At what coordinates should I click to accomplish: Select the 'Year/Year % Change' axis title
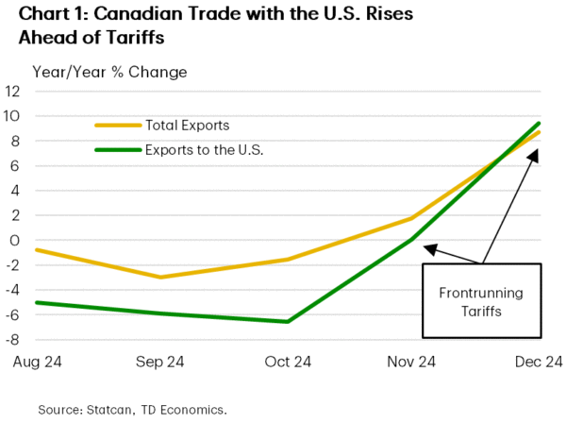click(109, 72)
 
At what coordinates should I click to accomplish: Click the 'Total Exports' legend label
click(187, 125)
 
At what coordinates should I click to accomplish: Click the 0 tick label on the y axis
click(16, 240)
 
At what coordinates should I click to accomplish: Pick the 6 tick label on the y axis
click(16, 165)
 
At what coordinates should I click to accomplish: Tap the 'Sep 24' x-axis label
click(159, 362)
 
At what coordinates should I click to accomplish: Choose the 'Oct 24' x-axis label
click(288, 362)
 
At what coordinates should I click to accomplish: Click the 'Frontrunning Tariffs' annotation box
click(482, 301)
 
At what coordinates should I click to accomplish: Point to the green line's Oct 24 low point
click(288, 322)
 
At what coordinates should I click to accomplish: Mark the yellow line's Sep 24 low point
click(159, 277)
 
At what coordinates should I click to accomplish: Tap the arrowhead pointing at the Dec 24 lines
click(534, 152)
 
